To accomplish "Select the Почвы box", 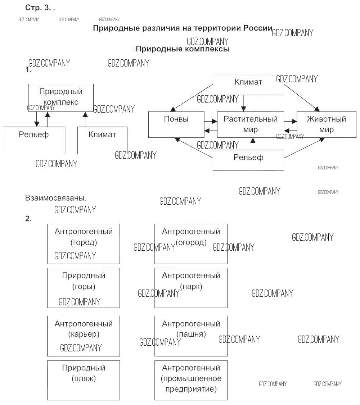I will click(x=176, y=124).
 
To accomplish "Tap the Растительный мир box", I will click(x=251, y=124).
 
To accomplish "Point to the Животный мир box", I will click(x=326, y=124).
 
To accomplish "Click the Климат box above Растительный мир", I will click(x=248, y=85).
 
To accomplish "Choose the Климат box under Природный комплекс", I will click(x=102, y=140).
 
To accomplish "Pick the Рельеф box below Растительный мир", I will click(x=248, y=160).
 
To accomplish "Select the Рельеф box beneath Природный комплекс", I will click(x=34, y=140).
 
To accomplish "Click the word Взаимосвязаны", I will click(x=56, y=198).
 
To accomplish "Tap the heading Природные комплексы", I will click(x=183, y=49).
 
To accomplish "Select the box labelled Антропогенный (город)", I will click(x=84, y=244).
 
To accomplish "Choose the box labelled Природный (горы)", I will click(x=84, y=288).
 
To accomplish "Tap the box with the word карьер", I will click(x=84, y=336).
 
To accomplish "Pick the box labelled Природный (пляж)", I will click(x=84, y=380).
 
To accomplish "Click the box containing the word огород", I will click(x=191, y=244).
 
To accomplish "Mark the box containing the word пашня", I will click(x=191, y=336).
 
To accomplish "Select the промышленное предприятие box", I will click(x=191, y=380).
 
